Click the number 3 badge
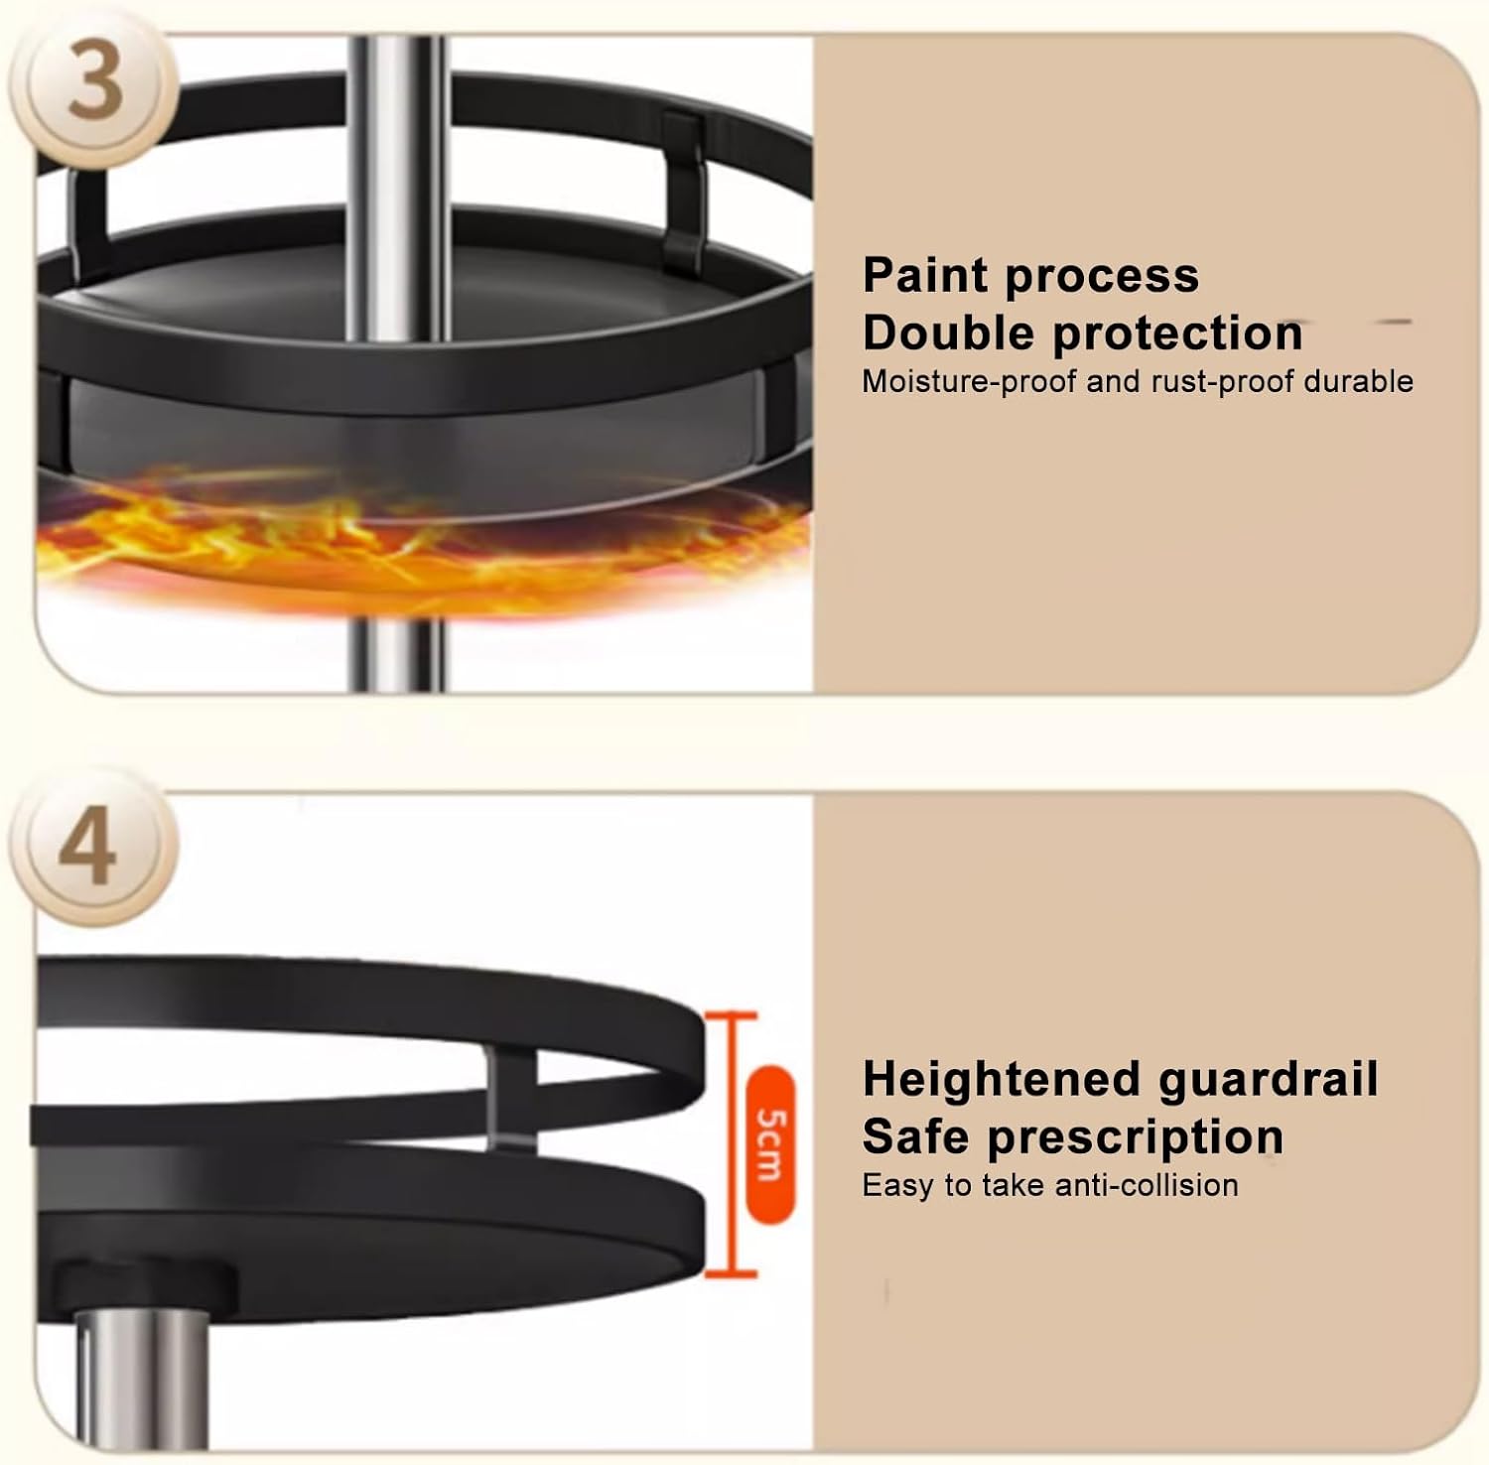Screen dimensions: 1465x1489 point(95,84)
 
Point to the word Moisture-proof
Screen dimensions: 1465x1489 point(968,382)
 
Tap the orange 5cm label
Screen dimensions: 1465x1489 point(769,1143)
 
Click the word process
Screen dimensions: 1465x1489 point(1103,276)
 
